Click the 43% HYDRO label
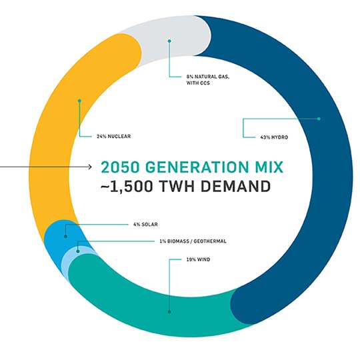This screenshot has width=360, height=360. tap(274, 137)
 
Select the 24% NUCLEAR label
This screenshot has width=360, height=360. tap(113, 137)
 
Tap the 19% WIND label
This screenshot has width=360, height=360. tap(198, 260)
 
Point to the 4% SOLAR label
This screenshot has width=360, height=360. tap(145, 224)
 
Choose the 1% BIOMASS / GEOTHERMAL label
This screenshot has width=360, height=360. tap(193, 241)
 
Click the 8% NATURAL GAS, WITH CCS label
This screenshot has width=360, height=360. tap(208, 80)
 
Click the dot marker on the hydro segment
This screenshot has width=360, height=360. tap(319, 119)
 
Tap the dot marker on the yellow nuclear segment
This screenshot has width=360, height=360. tap(79, 101)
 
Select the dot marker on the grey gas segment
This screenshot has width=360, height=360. tap(169, 41)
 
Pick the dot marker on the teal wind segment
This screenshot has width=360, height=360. tap(169, 312)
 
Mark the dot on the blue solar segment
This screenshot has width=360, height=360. tap(65, 236)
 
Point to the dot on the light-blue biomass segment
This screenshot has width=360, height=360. tap(78, 251)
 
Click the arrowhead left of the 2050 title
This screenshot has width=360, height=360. tap(90, 167)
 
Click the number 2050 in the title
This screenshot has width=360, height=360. tap(120, 167)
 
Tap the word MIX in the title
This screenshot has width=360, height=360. tap(269, 167)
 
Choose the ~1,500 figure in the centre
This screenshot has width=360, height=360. tap(127, 186)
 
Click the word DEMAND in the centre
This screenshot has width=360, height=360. tap(235, 186)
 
